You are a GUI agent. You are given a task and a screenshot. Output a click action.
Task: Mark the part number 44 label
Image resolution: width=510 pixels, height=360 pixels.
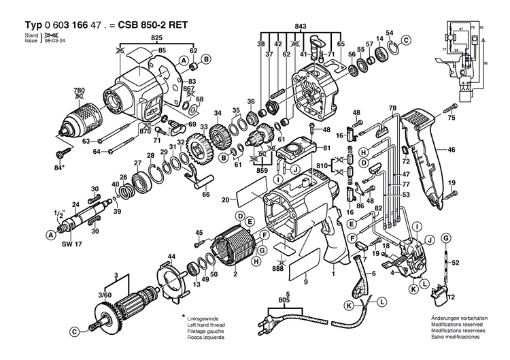point(171,256)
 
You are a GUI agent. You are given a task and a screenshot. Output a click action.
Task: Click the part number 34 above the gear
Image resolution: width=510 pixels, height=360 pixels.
point(218,113)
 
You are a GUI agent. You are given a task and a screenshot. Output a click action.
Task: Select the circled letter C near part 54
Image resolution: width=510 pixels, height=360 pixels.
point(405,41)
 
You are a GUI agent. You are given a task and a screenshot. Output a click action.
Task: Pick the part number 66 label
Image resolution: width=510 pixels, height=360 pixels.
point(205,194)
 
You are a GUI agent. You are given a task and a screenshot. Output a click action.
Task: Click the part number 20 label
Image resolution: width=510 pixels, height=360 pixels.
point(225,199)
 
